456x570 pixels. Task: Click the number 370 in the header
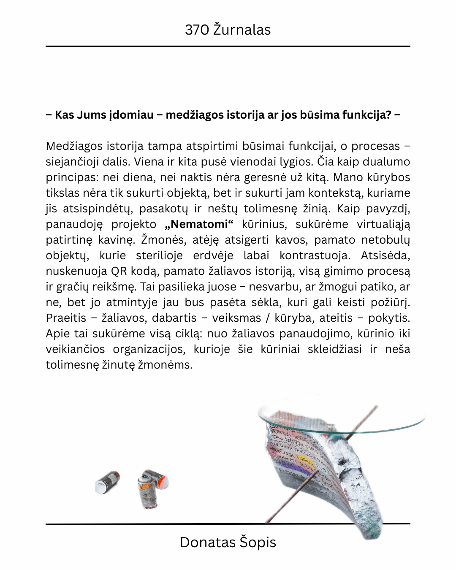pos(197,30)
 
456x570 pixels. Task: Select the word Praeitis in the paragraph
pos(66,318)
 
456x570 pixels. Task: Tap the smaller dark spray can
pos(107,482)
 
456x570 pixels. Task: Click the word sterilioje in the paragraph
pos(159,255)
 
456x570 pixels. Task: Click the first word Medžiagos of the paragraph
pos(73,146)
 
